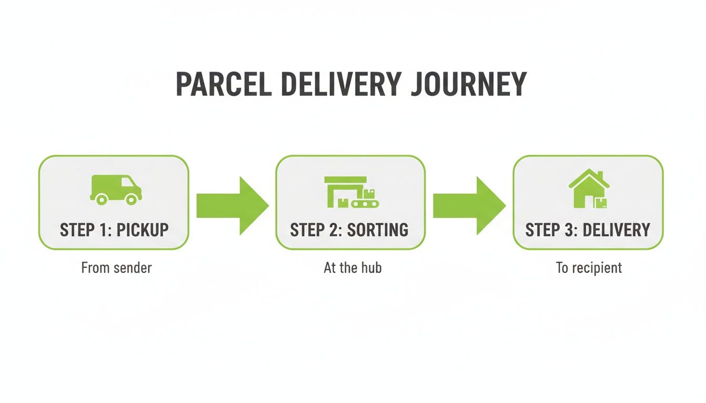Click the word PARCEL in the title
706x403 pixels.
tap(223, 83)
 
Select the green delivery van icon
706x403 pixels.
tap(115, 189)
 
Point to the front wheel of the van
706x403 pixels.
tap(132, 199)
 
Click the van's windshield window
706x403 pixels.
tap(128, 182)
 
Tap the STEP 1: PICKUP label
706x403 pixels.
tap(114, 230)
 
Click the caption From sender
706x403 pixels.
tap(116, 268)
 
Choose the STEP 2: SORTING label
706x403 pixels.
tap(349, 230)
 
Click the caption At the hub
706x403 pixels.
tap(352, 268)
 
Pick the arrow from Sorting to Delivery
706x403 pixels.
tap(469, 205)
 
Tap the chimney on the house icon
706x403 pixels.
tap(599, 175)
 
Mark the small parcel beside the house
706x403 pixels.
tap(601, 203)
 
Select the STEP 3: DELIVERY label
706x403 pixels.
tap(587, 230)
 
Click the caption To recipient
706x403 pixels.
tap(589, 268)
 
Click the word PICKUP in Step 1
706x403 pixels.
tap(142, 230)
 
